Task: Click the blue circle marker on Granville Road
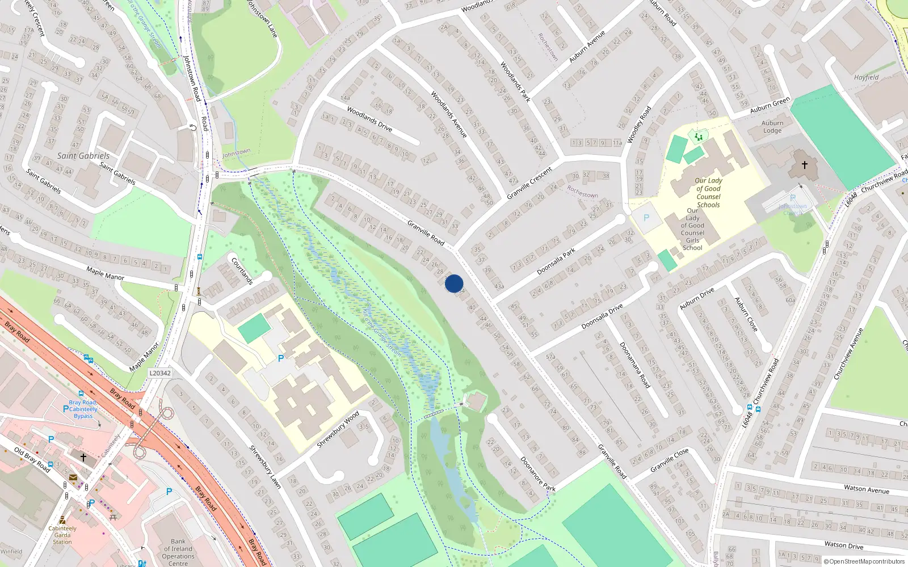coord(454,283)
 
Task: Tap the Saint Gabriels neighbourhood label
coord(83,155)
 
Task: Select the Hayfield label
coord(866,77)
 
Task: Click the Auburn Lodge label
coord(772,126)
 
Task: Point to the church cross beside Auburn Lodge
coord(804,165)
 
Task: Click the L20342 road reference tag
coord(159,373)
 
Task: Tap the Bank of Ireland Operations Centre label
coord(178,552)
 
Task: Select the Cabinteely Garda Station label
coord(62,535)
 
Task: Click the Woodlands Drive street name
coord(369,119)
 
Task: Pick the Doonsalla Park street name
coord(556,261)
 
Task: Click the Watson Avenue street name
coord(866,489)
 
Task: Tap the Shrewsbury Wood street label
coord(338,429)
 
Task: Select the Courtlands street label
coord(242,270)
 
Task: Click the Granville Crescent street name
coord(529,183)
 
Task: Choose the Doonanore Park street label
coord(537,474)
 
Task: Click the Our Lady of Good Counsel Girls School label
coord(692,229)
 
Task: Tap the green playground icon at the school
coord(699,137)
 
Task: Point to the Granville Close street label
coord(670,460)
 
